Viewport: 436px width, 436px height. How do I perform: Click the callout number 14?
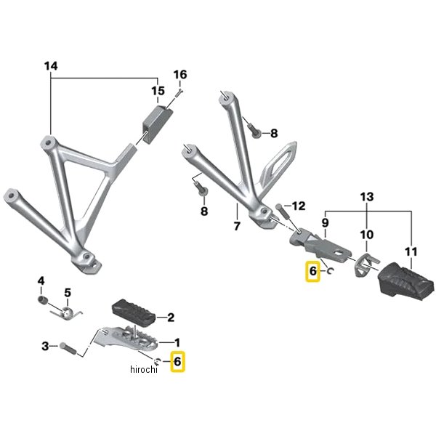click(x=50, y=66)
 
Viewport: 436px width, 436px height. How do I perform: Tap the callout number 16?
click(x=180, y=75)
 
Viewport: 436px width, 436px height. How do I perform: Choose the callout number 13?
click(x=366, y=198)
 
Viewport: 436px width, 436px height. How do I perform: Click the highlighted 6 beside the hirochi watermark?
click(x=178, y=361)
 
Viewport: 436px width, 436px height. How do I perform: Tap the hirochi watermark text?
click(x=144, y=371)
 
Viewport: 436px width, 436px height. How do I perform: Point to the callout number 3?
click(x=45, y=347)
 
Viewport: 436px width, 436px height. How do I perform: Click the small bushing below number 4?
click(x=43, y=300)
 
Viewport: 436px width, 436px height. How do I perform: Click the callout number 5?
click(x=67, y=293)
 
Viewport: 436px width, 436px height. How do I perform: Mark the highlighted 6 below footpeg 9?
click(x=313, y=272)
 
